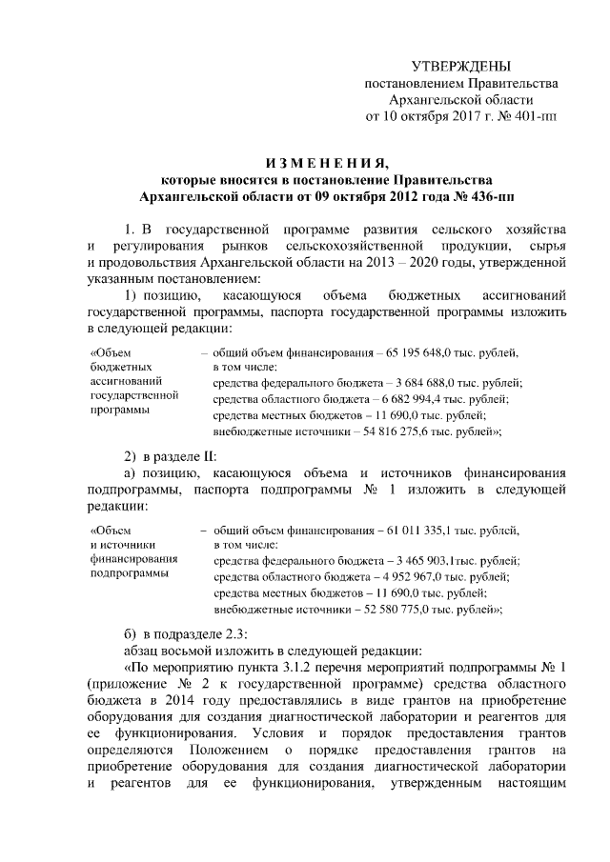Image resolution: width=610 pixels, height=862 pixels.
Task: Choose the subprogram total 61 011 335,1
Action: tap(421, 529)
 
